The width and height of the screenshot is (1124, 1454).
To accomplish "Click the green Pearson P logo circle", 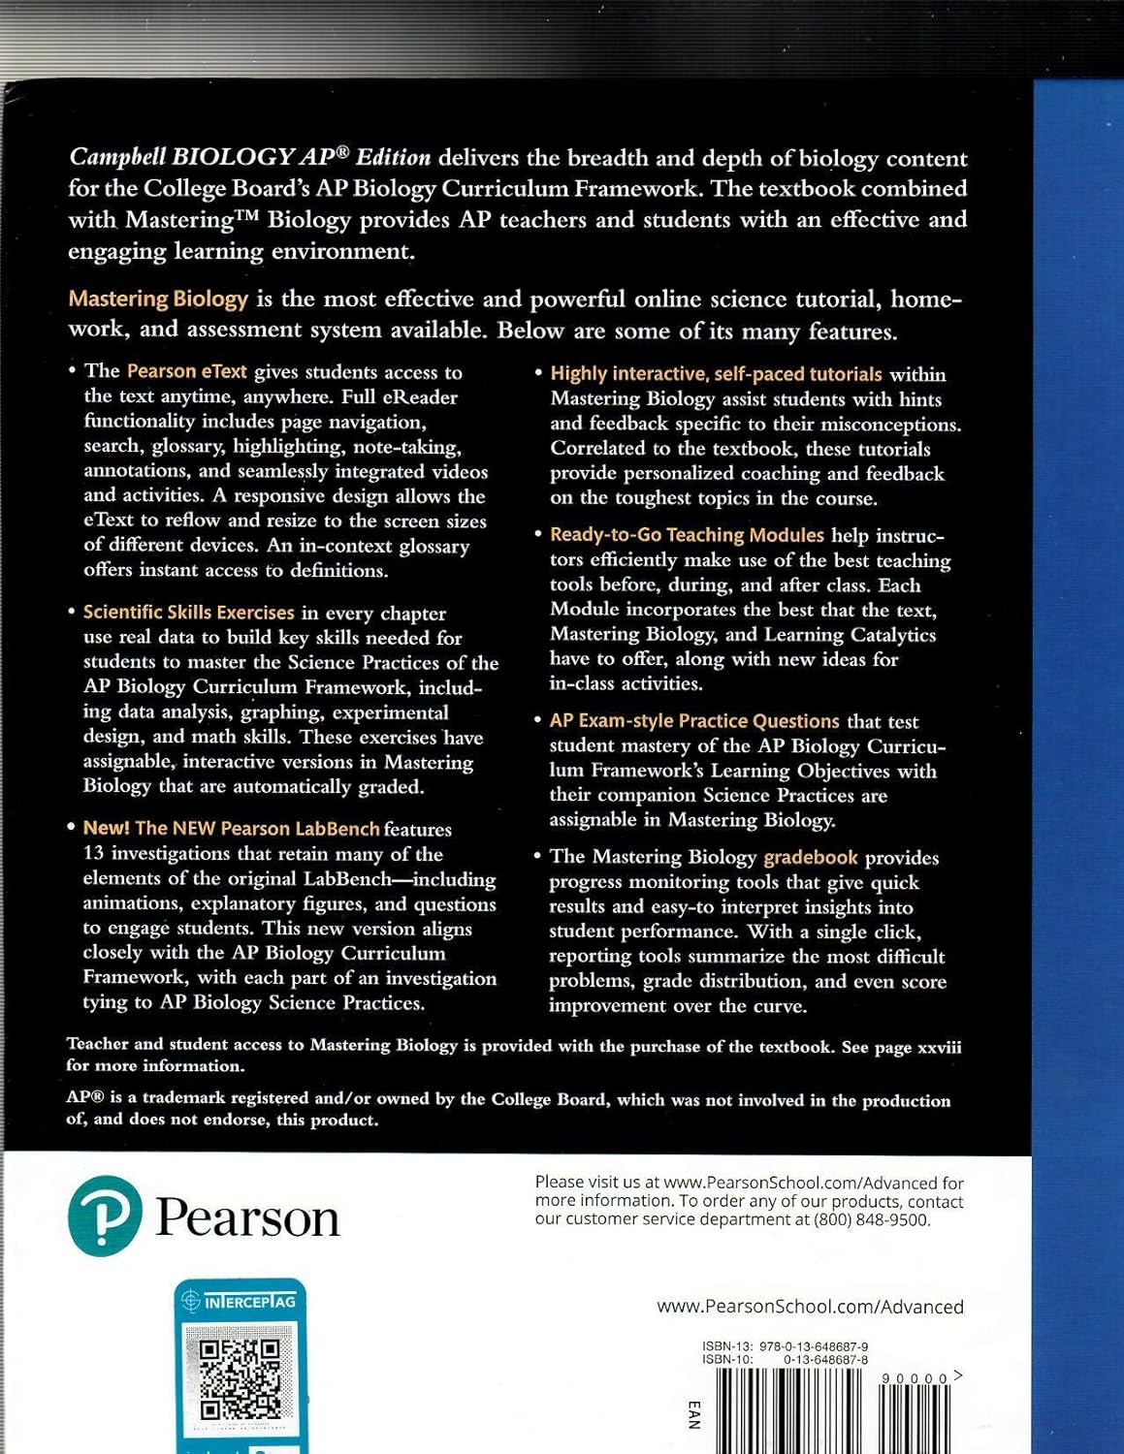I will click(105, 1216).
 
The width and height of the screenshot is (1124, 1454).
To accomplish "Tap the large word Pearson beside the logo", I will click(248, 1217).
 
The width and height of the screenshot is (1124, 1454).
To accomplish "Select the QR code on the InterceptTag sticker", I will click(240, 1377).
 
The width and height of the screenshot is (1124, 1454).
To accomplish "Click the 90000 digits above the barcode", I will click(915, 1378).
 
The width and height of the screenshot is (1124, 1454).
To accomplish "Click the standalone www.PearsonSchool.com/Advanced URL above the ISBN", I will click(810, 1307).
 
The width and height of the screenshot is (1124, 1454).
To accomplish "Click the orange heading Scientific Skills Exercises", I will click(188, 613).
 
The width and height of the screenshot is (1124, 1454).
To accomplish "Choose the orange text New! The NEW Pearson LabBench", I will click(231, 828).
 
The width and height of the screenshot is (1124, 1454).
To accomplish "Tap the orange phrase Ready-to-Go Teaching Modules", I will click(687, 535).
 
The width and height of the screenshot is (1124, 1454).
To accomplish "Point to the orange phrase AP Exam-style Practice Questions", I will click(693, 721).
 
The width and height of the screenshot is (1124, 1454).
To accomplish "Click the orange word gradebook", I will click(811, 857).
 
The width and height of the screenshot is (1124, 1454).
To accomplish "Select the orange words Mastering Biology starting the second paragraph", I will click(158, 299).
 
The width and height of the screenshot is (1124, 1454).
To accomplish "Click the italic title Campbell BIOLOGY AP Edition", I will click(250, 157).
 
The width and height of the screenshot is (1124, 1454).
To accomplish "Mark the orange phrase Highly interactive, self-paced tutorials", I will click(716, 374).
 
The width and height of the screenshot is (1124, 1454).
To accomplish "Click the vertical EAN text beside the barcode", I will click(692, 1414).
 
